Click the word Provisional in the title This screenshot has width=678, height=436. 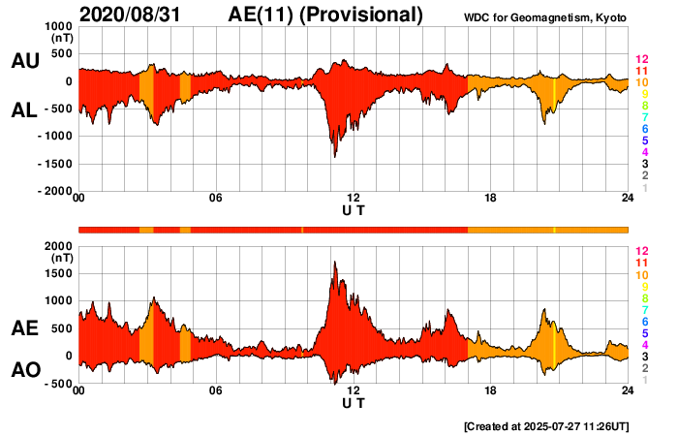363,15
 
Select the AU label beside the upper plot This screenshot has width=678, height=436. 24,61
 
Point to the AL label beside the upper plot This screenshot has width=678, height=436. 24,110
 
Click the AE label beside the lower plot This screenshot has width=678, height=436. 24,329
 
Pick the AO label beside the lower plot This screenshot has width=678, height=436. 24,370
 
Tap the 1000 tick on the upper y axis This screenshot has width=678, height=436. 58,26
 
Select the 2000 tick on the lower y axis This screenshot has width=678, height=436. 58,246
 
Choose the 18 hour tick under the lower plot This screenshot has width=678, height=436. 491,390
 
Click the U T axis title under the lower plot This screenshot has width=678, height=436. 354,404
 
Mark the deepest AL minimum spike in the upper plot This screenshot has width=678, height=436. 334,155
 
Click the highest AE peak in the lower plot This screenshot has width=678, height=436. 334,262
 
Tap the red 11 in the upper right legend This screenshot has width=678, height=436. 641,71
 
